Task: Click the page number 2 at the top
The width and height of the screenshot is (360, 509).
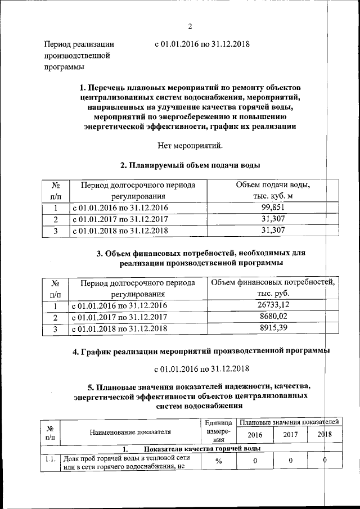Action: coord(190,26)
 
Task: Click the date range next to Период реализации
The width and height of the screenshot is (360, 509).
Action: coord(202,43)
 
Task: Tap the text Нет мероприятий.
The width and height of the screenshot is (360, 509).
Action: coord(190,146)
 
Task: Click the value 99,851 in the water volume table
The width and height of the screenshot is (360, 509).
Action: coord(274,208)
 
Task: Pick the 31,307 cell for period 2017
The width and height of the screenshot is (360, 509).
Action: coord(274,219)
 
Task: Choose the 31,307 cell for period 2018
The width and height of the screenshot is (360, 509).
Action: coord(274,230)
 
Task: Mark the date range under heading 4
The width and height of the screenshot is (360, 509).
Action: coord(202,370)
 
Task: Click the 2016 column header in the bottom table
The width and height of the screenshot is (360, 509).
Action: coord(255,434)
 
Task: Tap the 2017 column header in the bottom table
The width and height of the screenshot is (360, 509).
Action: coord(290,434)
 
